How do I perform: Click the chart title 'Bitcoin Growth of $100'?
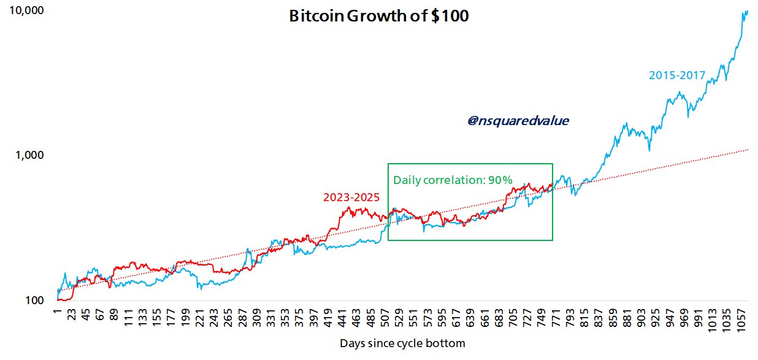[x=378, y=17]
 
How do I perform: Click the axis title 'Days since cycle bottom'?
[x=402, y=343]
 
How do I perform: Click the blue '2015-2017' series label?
[x=677, y=76]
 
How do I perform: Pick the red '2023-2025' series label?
[x=351, y=197]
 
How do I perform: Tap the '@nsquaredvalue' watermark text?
[x=518, y=121]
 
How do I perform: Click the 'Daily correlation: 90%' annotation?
[x=453, y=180]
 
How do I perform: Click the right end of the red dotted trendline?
[x=748, y=149]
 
